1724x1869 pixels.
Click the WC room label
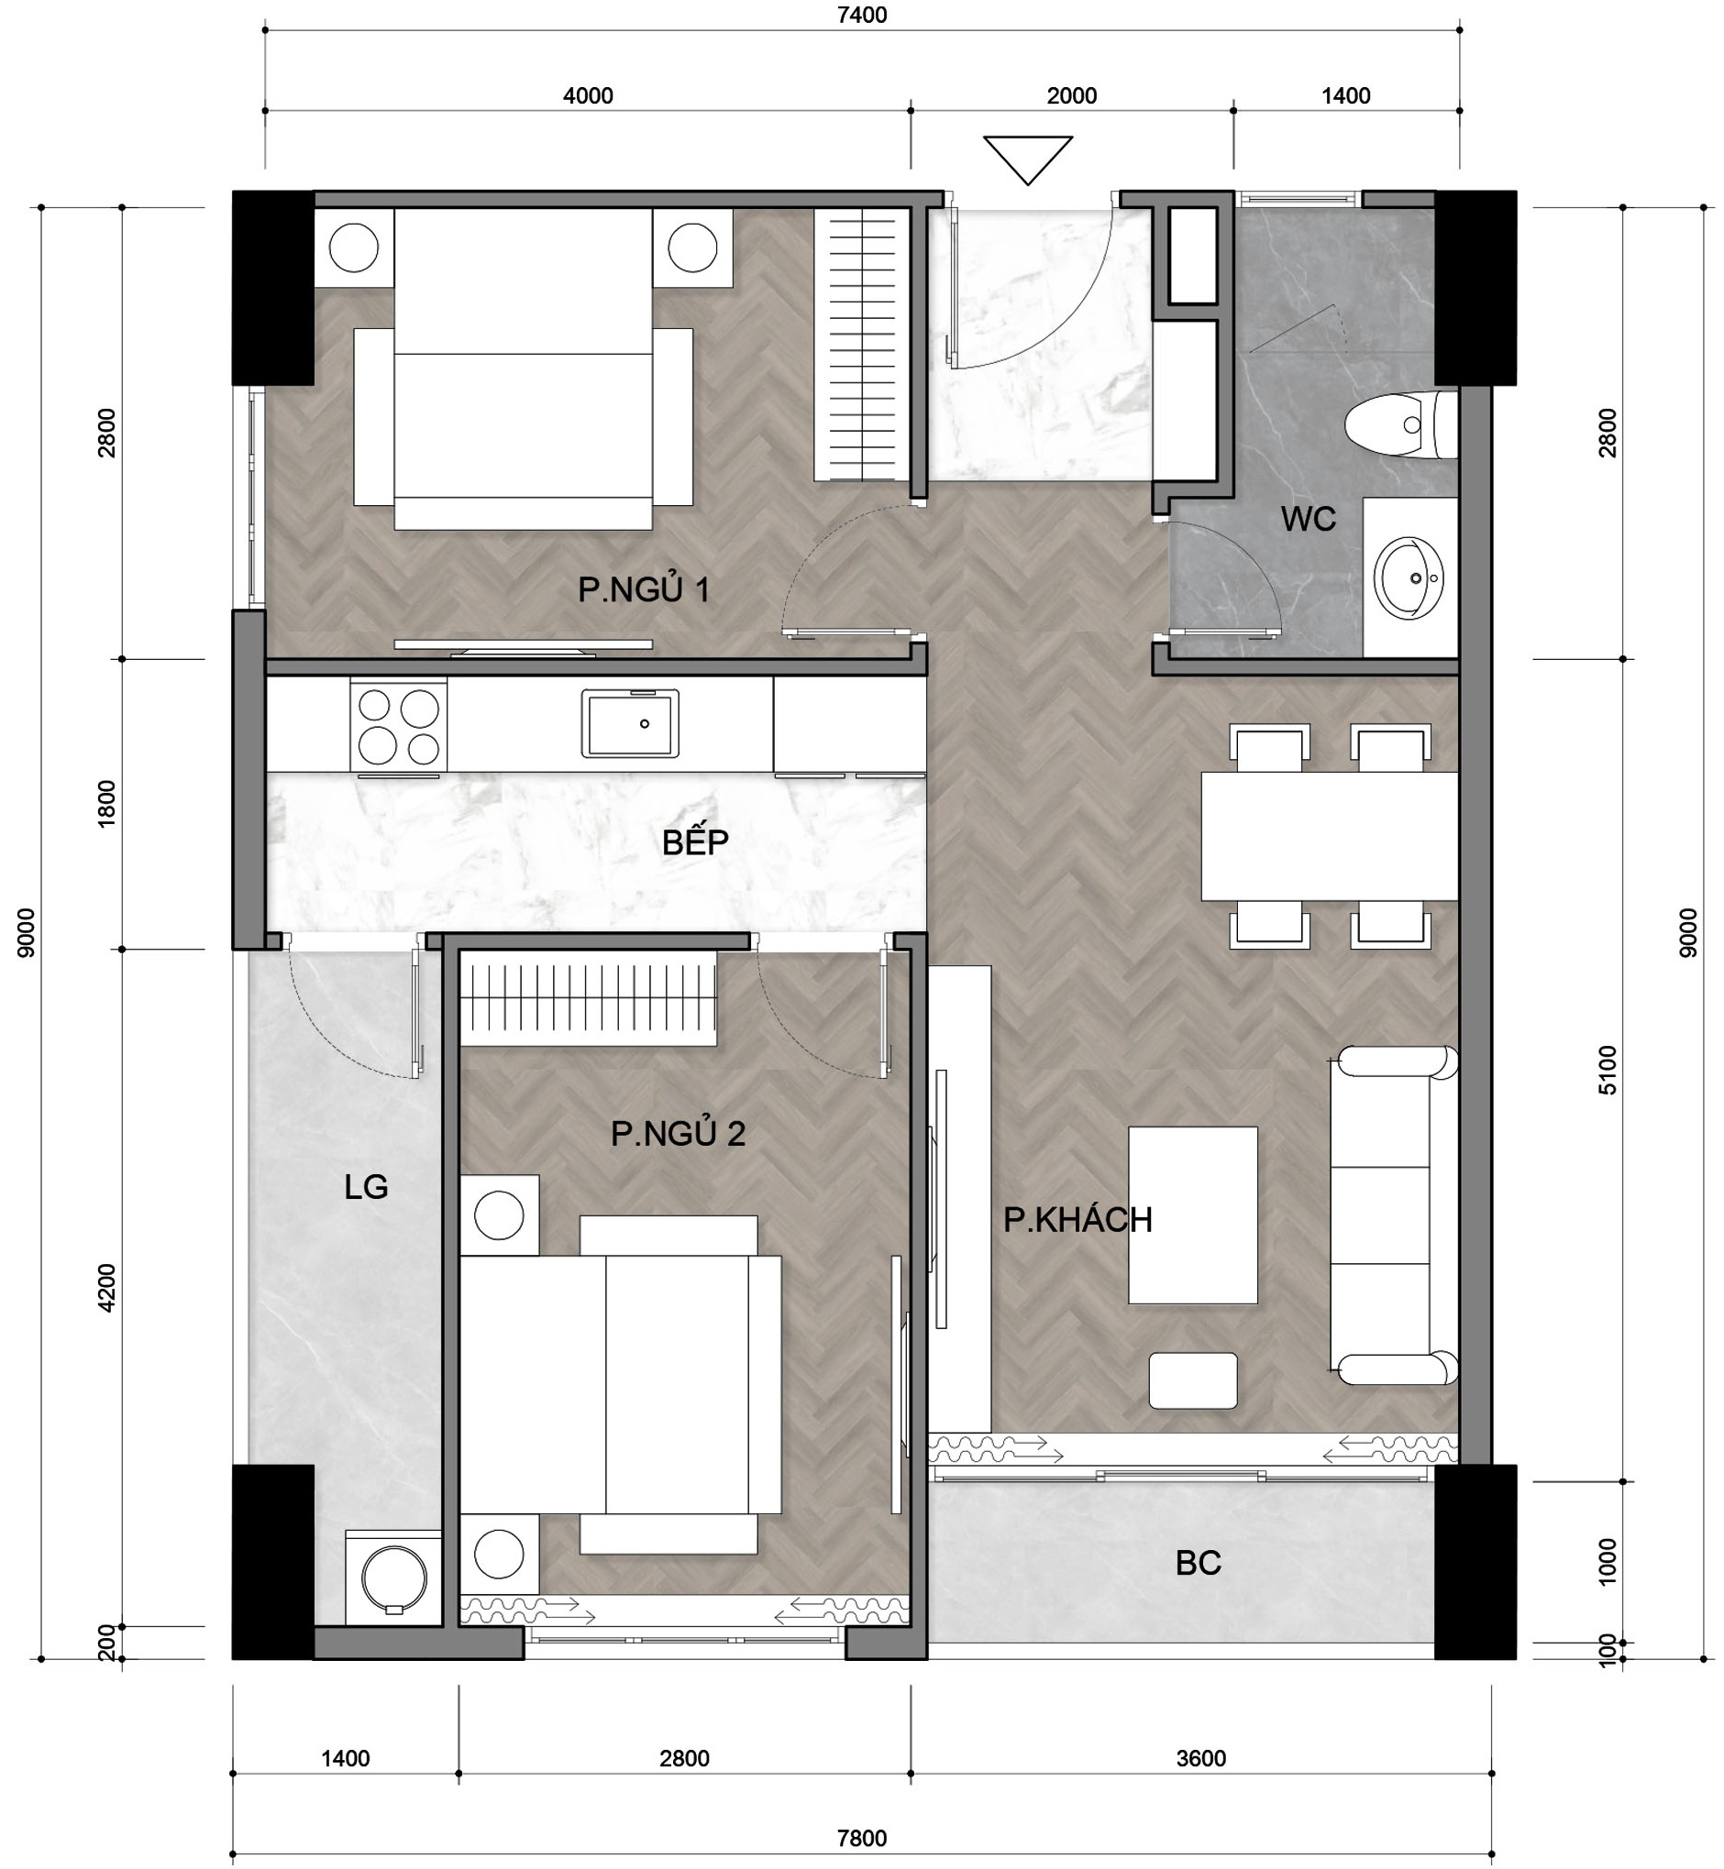pyautogui.click(x=1308, y=519)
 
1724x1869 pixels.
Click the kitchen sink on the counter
pyautogui.click(x=630, y=724)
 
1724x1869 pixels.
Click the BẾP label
pyautogui.click(x=695, y=842)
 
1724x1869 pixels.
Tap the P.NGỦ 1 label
pyautogui.click(x=644, y=589)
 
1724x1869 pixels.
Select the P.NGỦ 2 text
pyautogui.click(x=679, y=1133)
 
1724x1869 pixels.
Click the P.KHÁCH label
pyautogui.click(x=1077, y=1220)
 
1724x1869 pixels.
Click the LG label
pyautogui.click(x=366, y=1187)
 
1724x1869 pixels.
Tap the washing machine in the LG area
pyautogui.click(x=392, y=1578)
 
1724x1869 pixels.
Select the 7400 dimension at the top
pyautogui.click(x=862, y=15)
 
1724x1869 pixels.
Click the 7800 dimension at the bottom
pyautogui.click(x=861, y=1837)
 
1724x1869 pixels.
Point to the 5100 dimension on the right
pyautogui.click(x=1608, y=1070)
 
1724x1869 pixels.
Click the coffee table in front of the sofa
pyautogui.click(x=1192, y=1215)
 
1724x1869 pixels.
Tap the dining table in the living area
pyautogui.click(x=1330, y=837)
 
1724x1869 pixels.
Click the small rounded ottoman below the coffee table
pyautogui.click(x=1192, y=1380)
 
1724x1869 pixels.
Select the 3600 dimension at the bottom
pyautogui.click(x=1200, y=1758)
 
